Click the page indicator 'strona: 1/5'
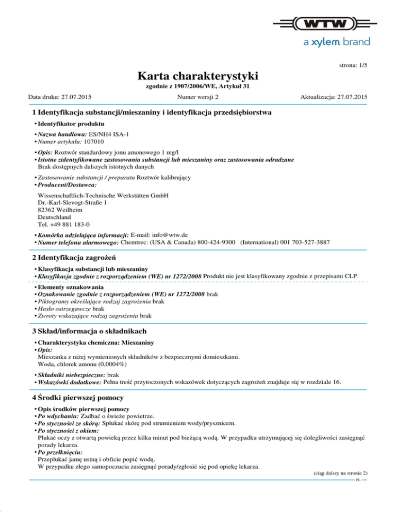click(353, 66)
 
